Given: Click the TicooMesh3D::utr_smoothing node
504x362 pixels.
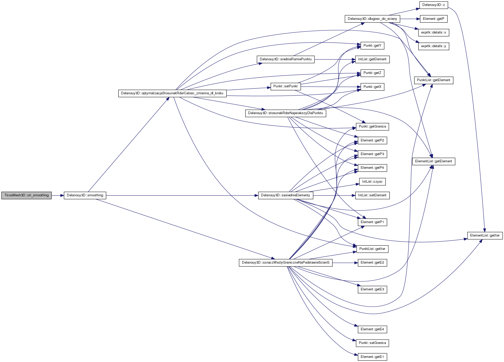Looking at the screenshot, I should tap(26, 195).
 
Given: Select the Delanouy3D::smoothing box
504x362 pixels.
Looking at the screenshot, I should tap(85, 195).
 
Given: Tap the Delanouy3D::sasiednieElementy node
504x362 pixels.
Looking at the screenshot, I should tap(285, 195).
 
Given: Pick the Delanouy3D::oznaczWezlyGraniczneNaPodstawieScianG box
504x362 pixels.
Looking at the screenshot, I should tap(286, 263).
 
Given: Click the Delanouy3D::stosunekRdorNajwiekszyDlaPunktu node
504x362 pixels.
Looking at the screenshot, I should tap(285, 113).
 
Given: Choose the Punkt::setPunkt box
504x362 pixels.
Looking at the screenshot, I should tap(285, 86).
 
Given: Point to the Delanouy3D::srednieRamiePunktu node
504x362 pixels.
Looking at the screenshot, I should tap(286, 59).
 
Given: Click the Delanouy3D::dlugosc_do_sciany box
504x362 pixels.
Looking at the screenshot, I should tap(372, 19).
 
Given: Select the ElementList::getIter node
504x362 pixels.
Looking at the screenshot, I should tap(485, 235).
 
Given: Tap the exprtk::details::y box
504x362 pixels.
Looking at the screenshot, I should tap(434, 46).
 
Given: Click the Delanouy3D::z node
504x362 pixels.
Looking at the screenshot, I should tap(434, 5).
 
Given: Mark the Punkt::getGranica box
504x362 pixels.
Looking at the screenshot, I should tap(372, 127).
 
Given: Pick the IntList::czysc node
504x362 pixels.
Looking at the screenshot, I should tap(372, 182).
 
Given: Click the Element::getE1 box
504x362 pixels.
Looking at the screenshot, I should tap(372, 357).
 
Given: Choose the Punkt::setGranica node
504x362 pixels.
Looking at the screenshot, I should tap(372, 343).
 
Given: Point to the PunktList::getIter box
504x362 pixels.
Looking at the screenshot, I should tap(372, 249).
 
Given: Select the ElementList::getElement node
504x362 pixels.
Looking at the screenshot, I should tap(433, 161).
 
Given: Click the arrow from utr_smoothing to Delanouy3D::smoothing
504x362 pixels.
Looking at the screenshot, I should tap(58, 196).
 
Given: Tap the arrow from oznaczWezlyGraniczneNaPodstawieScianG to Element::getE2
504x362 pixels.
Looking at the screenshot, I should tap(345, 263).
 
